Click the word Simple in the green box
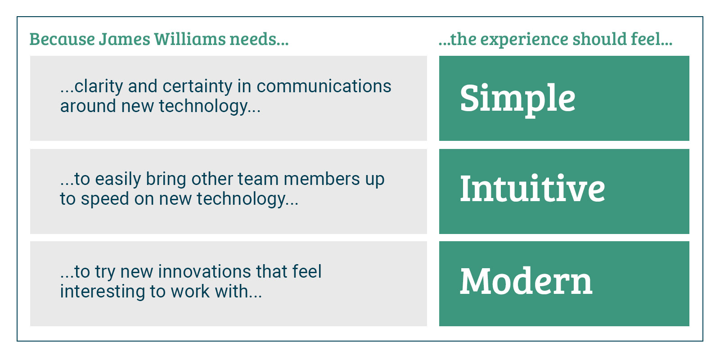tap(517, 99)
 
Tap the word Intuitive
tap(532, 189)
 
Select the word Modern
tap(526, 281)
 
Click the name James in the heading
tap(124, 39)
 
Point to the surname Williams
tap(190, 39)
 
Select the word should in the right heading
tap(600, 39)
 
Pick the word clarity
tap(99, 87)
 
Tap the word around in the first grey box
tap(88, 106)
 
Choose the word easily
tap(118, 180)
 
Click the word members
tap(322, 179)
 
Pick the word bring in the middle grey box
tap(166, 180)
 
